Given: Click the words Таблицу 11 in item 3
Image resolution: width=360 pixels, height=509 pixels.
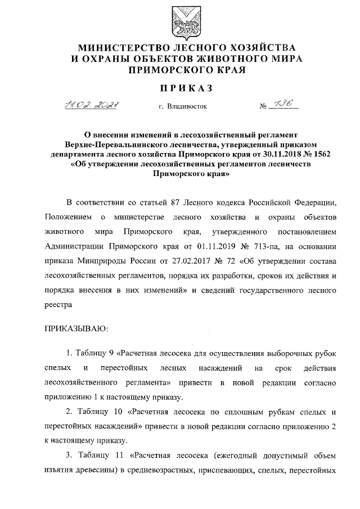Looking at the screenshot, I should [94, 456].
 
